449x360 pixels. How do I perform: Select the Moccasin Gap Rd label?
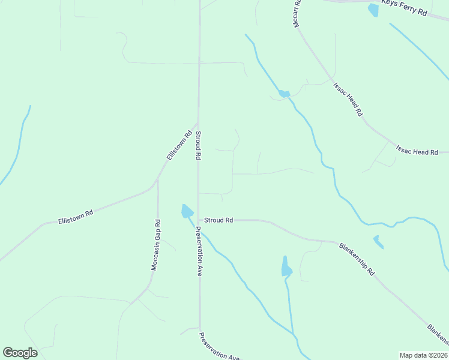(155, 245)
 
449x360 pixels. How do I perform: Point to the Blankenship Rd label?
(357, 259)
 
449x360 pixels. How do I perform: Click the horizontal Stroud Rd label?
(218, 220)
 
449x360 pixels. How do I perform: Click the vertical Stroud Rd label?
(197, 145)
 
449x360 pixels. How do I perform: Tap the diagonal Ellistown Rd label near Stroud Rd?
(179, 146)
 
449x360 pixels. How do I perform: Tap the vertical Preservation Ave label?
(198, 251)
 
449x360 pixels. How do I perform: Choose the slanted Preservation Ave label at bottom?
(220, 346)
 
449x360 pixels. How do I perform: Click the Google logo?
(20, 352)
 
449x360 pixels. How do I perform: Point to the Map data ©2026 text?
(423, 355)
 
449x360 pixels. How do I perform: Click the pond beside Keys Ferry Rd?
(373, 10)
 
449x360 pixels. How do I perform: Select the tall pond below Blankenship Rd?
(286, 266)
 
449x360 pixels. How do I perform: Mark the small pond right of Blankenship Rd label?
(378, 242)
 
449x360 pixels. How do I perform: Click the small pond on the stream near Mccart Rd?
(283, 94)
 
